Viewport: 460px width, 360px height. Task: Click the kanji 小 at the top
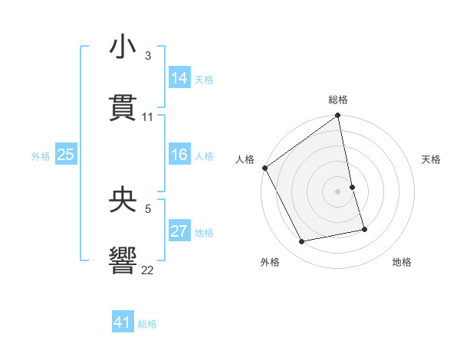pyautogui.click(x=123, y=47)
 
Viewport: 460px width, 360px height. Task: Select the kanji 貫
pyautogui.click(x=123, y=108)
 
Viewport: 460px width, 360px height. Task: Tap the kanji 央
pyautogui.click(x=123, y=198)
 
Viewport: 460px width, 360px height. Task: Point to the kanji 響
pyautogui.click(x=123, y=260)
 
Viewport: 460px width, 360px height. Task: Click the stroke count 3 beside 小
pyautogui.click(x=147, y=55)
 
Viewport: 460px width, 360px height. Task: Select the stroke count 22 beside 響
pyautogui.click(x=148, y=270)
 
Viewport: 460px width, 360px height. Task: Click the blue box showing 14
pyautogui.click(x=179, y=77)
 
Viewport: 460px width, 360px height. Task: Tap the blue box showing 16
pyautogui.click(x=179, y=155)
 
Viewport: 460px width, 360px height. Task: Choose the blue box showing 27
pyautogui.click(x=179, y=231)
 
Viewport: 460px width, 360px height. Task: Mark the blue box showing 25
pyautogui.click(x=66, y=155)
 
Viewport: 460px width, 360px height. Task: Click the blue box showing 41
pyautogui.click(x=123, y=322)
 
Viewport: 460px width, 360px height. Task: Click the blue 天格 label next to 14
pyautogui.click(x=204, y=79)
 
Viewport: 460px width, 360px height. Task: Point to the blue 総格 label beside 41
pyautogui.click(x=147, y=324)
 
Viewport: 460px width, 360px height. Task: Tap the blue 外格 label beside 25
pyautogui.click(x=41, y=156)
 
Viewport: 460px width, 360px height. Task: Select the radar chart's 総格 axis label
pyautogui.click(x=338, y=100)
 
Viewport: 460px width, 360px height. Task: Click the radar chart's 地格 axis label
pyautogui.click(x=402, y=262)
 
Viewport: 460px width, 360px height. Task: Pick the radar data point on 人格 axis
pyautogui.click(x=264, y=168)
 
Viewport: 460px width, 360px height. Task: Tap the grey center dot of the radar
pyautogui.click(x=338, y=191)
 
